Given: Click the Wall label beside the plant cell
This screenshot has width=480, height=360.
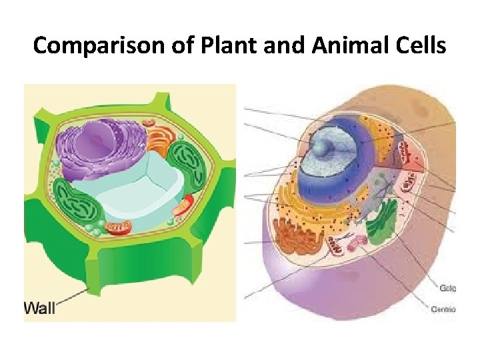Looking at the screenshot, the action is [x=40, y=307].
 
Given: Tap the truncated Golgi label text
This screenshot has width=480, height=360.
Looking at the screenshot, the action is [x=447, y=288].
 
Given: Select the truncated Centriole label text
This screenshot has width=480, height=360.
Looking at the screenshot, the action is [x=443, y=309].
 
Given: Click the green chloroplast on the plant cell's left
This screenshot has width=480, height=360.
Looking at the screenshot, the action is [x=79, y=203].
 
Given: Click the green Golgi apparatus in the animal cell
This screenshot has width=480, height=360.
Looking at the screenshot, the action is [x=384, y=224].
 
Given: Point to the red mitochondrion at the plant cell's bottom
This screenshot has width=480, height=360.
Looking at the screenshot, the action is [x=119, y=229].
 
